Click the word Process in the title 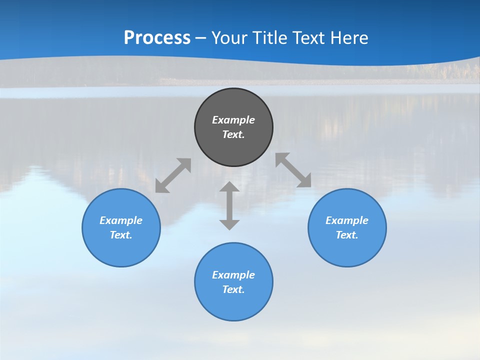point(157,38)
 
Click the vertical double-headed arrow point(229,205)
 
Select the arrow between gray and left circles point(173,175)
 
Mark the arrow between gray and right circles point(293,170)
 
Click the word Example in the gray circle point(233,120)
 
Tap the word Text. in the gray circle point(233,134)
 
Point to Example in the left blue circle point(121,220)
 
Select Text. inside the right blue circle point(347,235)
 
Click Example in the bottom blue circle point(233,275)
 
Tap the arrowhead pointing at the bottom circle point(229,224)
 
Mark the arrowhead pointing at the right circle point(304,181)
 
